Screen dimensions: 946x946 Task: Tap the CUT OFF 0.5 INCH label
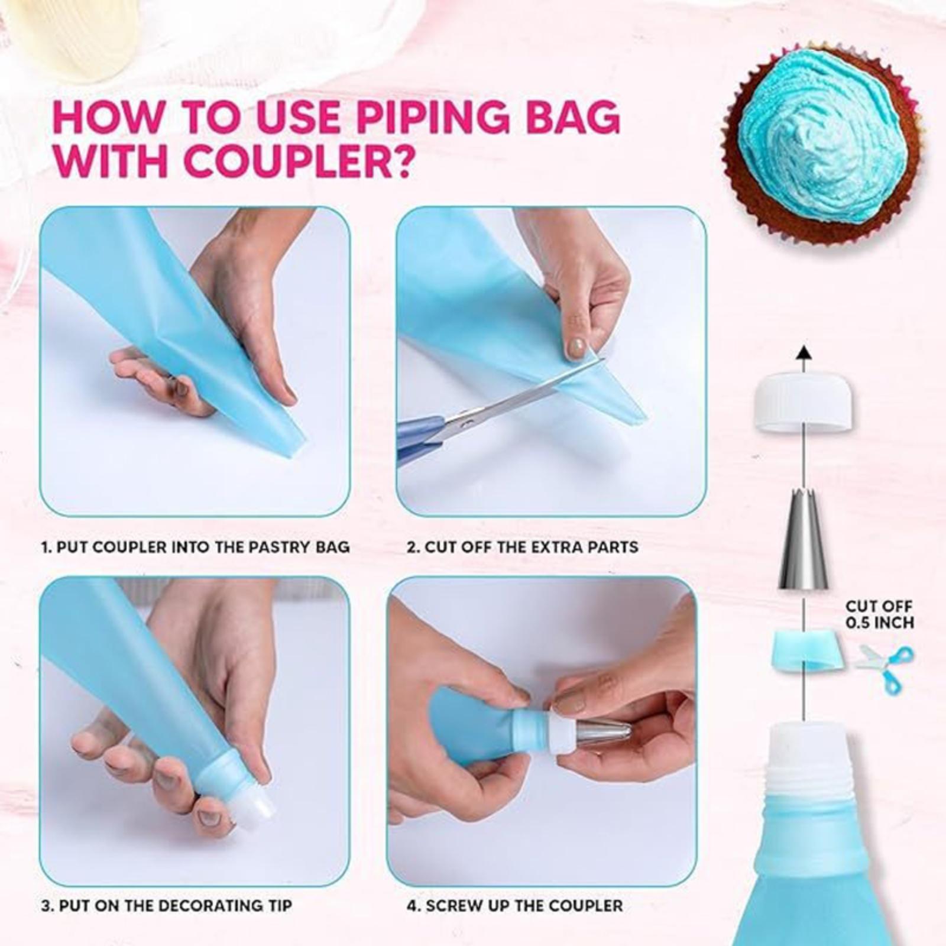click(x=879, y=614)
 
